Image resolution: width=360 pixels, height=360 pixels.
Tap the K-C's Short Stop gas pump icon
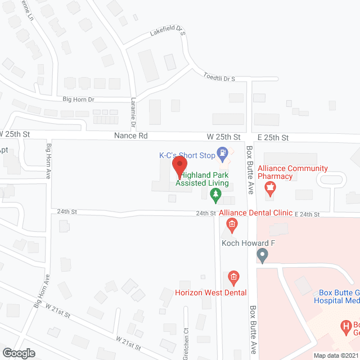(223, 152)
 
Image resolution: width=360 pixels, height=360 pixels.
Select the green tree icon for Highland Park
(215, 195)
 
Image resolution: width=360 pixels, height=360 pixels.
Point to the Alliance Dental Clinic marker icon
(231, 226)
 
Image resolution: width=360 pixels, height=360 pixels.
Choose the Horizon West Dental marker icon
(232, 277)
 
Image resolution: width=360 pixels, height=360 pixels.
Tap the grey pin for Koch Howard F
(262, 256)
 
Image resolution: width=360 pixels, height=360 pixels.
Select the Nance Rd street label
(130, 136)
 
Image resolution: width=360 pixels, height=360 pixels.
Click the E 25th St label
(273, 138)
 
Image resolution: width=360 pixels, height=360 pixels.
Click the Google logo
(19, 353)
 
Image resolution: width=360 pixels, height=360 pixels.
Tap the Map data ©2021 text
(335, 355)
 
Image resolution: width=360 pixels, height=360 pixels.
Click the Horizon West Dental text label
(202, 292)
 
